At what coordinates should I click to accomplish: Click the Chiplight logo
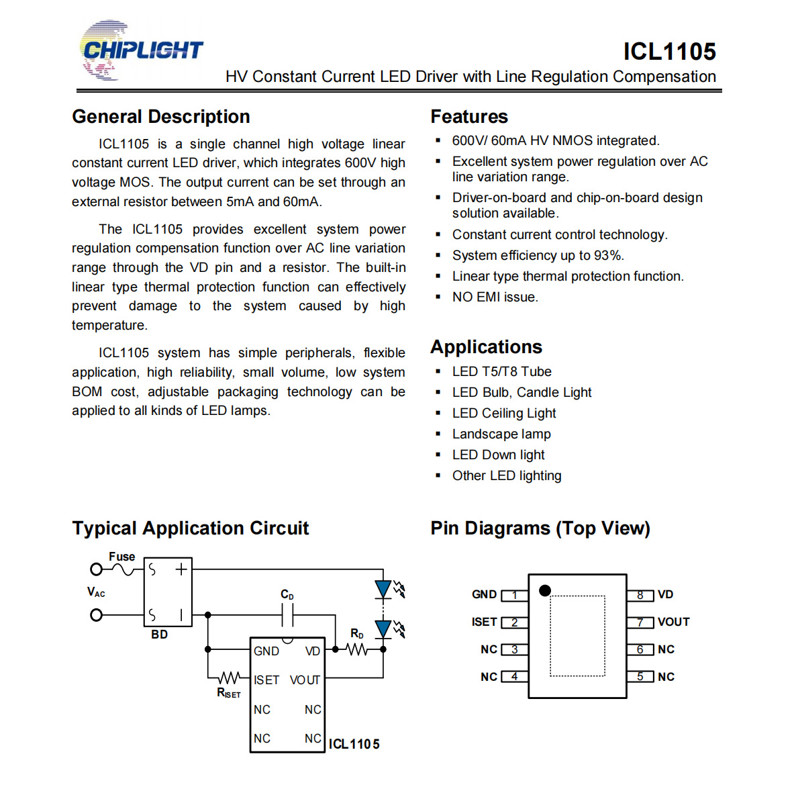pyautogui.click(x=141, y=50)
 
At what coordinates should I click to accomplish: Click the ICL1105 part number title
pyautogui.click(x=669, y=51)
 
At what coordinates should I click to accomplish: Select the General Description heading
pyautogui.click(x=161, y=117)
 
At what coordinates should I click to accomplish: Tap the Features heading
pyautogui.click(x=469, y=117)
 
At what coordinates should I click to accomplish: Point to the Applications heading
pyautogui.click(x=486, y=347)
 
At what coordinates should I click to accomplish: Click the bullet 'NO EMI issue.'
pyautogui.click(x=495, y=297)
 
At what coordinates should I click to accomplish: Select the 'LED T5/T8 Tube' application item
pyautogui.click(x=501, y=371)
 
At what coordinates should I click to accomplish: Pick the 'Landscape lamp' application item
pyautogui.click(x=501, y=434)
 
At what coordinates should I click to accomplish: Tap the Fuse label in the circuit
pyautogui.click(x=122, y=557)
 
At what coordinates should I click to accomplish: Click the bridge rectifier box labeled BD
pyautogui.click(x=168, y=592)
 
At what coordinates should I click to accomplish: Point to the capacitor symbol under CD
pyautogui.click(x=288, y=615)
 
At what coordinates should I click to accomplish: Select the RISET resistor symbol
pyautogui.click(x=230, y=678)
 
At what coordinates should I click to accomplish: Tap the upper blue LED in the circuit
pyautogui.click(x=383, y=590)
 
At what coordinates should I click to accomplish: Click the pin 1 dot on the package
pyautogui.click(x=545, y=590)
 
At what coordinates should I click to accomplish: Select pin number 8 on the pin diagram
pyautogui.click(x=640, y=595)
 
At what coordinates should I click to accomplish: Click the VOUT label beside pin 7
pyautogui.click(x=673, y=622)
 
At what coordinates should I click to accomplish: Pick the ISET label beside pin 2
pyautogui.click(x=484, y=622)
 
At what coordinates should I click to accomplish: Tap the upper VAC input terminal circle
pyautogui.click(x=96, y=569)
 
